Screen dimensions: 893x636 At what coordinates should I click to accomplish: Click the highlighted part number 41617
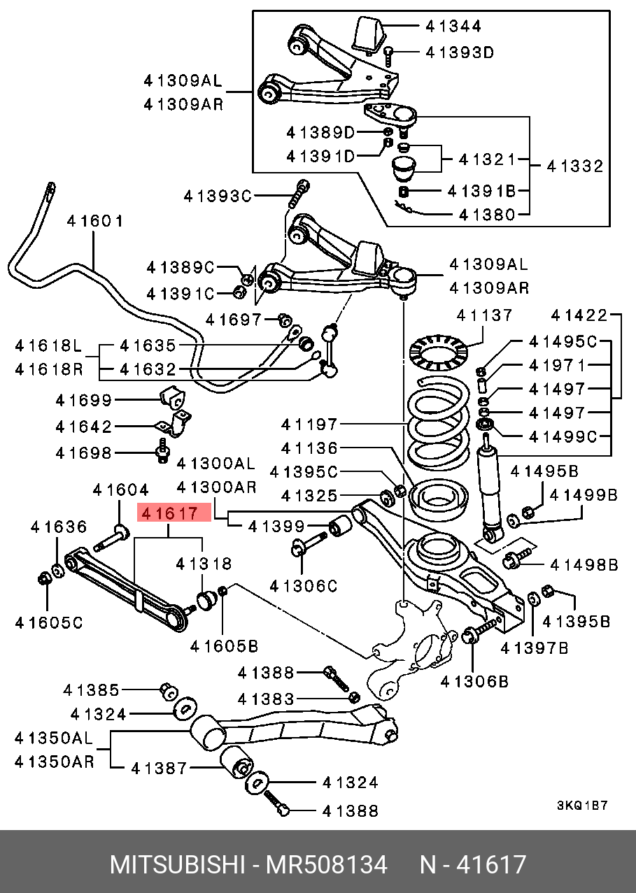coord(171,515)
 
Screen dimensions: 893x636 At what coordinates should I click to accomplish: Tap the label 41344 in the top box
coord(453,27)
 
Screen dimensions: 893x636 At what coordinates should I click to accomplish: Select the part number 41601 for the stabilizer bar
coord(95,222)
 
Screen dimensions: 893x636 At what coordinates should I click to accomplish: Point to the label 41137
coord(484,315)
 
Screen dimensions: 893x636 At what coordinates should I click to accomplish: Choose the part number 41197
coord(309,424)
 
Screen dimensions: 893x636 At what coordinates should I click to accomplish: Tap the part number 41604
coord(120,491)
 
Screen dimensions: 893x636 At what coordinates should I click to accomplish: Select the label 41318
coord(204,564)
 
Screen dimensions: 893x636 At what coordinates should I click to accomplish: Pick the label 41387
coord(160,769)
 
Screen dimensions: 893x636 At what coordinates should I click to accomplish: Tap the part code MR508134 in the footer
coord(325,865)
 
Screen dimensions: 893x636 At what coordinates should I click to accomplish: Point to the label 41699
coord(84,400)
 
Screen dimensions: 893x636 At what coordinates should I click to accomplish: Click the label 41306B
coord(475,680)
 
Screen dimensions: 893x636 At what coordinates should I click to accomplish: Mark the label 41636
coord(59,527)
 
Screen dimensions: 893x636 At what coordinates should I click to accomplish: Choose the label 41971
coord(557,365)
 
